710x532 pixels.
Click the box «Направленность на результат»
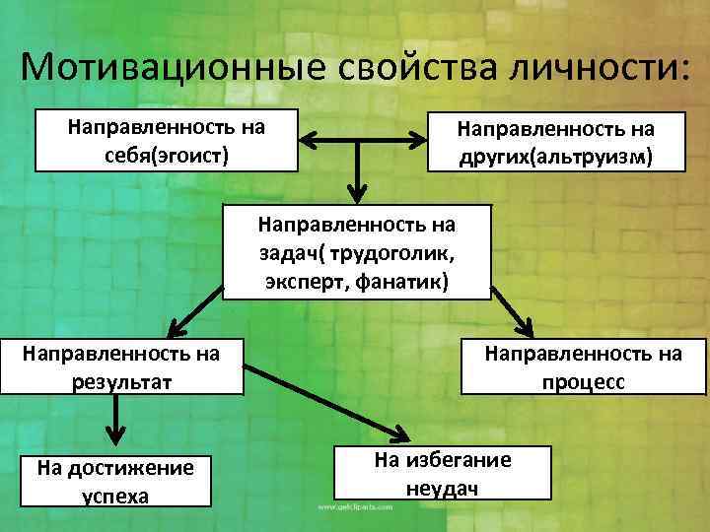(x=122, y=366)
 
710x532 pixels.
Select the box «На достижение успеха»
(x=115, y=480)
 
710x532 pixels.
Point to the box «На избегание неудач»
(x=441, y=473)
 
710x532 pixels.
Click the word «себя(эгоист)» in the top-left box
(x=167, y=156)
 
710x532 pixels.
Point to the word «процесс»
(x=583, y=381)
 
